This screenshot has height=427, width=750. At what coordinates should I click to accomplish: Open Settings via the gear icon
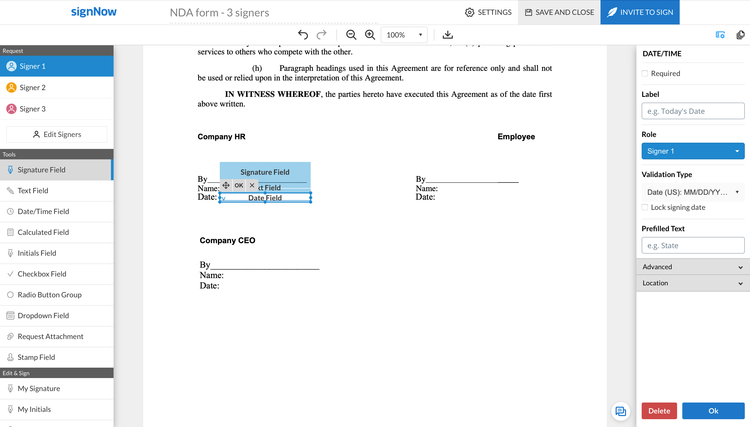tap(470, 12)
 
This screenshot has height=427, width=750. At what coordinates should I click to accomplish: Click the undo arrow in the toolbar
tap(303, 35)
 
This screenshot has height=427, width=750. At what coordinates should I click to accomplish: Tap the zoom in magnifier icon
tap(370, 35)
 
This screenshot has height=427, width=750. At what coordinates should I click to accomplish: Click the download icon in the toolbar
tap(447, 35)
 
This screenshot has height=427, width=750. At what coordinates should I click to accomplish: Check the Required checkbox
tap(645, 73)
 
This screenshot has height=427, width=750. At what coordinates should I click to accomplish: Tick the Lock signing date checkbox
tap(645, 207)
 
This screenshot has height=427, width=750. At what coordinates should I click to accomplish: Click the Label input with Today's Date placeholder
tap(693, 111)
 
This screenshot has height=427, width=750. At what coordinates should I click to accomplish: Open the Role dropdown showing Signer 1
tap(693, 151)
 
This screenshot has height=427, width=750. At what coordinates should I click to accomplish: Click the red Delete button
tap(659, 411)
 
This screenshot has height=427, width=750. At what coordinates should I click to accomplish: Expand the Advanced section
tap(693, 267)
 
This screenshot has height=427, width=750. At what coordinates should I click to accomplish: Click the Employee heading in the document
tap(516, 137)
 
